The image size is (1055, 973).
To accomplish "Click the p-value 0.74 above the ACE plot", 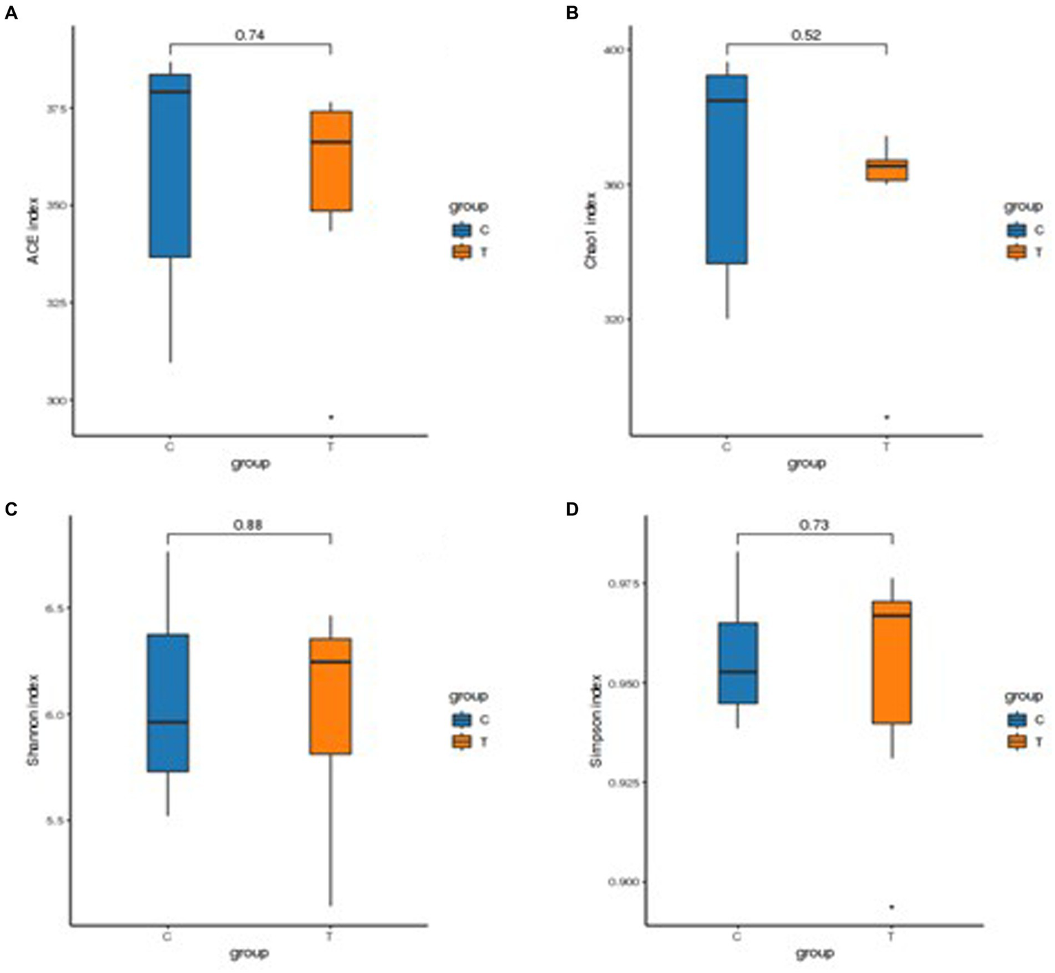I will (x=249, y=35).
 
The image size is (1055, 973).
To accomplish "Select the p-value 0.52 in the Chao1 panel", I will (x=806, y=35).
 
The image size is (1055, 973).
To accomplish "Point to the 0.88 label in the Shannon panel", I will (x=248, y=525).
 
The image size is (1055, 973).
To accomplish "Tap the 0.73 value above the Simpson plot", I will (x=814, y=525).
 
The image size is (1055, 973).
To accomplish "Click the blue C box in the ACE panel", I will (x=170, y=165).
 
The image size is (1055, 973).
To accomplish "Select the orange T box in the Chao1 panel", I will (x=887, y=170).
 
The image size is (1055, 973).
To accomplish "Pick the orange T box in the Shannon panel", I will (x=331, y=695).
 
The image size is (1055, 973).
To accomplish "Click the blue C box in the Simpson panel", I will (x=738, y=662).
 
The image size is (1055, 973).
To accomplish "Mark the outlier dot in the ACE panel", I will (x=331, y=417).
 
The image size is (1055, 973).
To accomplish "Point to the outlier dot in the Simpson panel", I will (x=892, y=907).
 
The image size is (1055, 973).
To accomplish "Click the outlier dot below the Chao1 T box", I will (x=887, y=417).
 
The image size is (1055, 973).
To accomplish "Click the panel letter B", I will (x=572, y=14).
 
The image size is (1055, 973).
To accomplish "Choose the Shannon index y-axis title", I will (x=32, y=720).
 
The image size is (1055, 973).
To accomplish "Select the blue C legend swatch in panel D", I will (x=1017, y=719).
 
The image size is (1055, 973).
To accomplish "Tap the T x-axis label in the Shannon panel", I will (x=329, y=937).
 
